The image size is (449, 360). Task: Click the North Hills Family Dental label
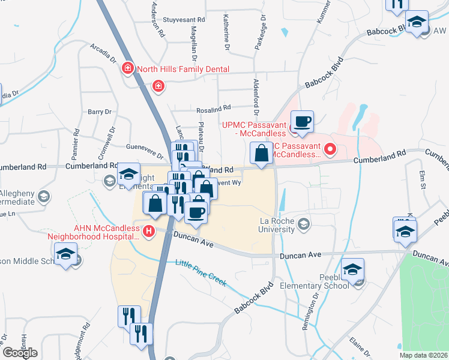(x=183, y=69)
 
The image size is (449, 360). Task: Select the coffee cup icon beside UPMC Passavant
(x=303, y=122)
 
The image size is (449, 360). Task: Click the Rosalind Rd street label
(x=213, y=109)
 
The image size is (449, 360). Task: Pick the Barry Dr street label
(x=100, y=112)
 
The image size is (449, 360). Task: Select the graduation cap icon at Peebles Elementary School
(x=353, y=270)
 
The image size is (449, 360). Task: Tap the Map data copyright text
(x=423, y=355)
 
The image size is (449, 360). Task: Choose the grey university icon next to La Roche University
(x=304, y=224)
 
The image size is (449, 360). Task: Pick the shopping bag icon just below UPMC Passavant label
(x=262, y=154)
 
